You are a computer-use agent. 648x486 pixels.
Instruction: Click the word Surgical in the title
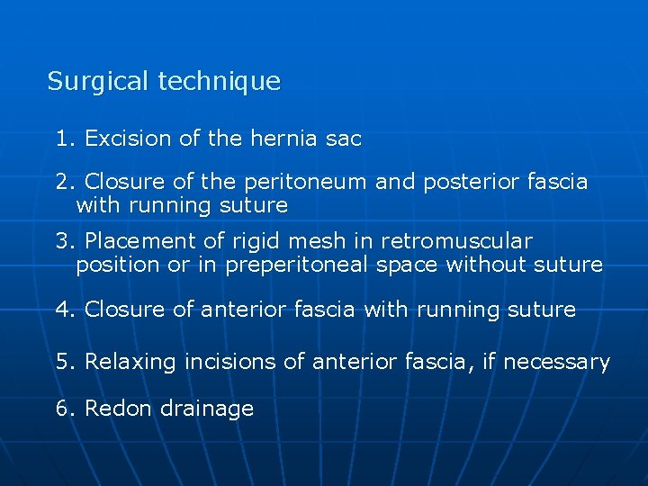[99, 82]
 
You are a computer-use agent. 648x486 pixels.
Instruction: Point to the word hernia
[279, 139]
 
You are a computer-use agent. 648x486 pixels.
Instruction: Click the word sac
[344, 139]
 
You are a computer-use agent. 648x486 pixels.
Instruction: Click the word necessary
[556, 363]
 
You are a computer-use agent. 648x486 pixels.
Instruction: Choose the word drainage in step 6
[206, 409]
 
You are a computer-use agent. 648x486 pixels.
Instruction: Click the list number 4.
[62, 310]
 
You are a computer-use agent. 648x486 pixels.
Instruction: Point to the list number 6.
[62, 409]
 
